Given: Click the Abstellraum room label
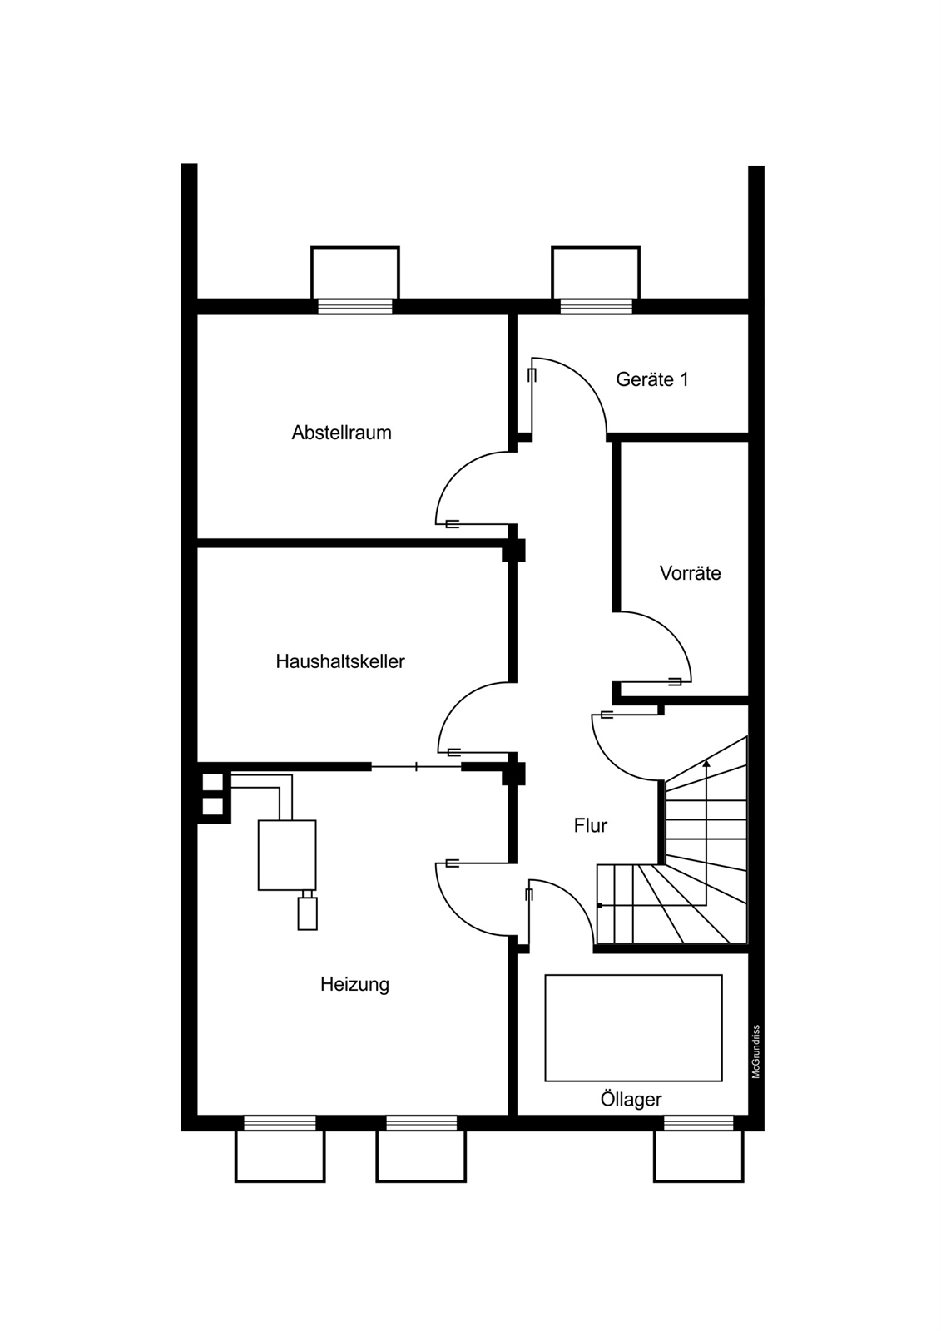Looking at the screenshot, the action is tap(341, 433).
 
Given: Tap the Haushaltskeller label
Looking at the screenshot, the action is tap(340, 661).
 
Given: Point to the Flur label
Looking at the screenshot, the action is tap(590, 825).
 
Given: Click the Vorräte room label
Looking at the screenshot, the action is tap(690, 573).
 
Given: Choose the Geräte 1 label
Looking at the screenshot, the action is tap(652, 379).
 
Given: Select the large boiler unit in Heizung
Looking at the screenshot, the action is tap(287, 855).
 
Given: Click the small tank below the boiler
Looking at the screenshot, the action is tap(307, 913).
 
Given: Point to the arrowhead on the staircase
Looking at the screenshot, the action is tap(706, 764).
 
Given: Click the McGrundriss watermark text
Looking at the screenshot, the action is tap(755, 1051).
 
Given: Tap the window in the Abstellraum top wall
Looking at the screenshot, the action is tap(355, 306).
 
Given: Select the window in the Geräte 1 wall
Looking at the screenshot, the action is tap(597, 306).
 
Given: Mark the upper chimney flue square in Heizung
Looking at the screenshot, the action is tap(213, 782).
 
